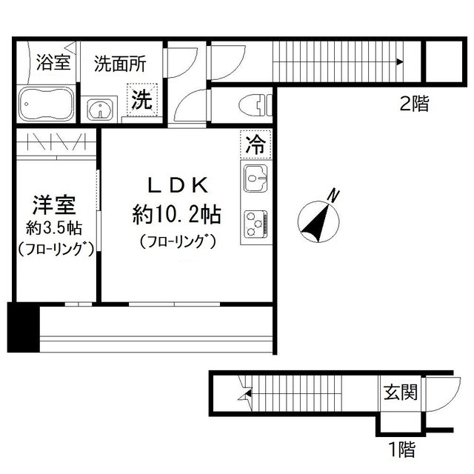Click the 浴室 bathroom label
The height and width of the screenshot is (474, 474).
point(53,63)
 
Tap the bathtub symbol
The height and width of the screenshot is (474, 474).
point(45,104)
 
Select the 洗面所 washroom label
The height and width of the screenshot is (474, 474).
point(119,63)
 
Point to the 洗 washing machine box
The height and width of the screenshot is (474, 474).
point(141,100)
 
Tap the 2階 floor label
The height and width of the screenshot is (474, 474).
point(414,104)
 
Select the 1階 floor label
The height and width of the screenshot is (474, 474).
point(399,447)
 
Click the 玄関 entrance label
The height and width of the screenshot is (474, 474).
point(399,391)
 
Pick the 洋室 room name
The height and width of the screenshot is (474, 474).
point(54,205)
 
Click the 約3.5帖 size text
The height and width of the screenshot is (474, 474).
point(54,227)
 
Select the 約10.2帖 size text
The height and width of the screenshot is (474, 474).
point(176,216)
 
